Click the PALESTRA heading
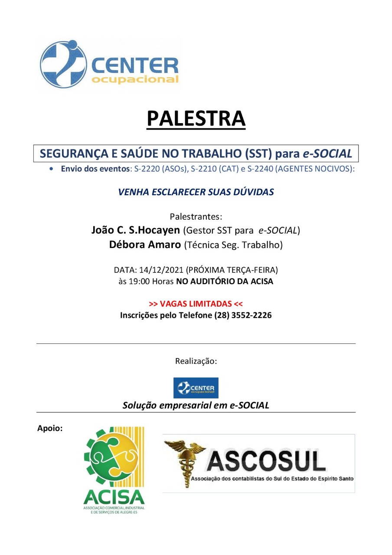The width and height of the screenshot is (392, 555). [196, 118]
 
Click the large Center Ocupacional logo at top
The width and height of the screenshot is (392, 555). [109, 64]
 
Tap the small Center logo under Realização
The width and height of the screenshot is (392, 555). [196, 388]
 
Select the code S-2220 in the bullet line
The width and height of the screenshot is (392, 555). [147, 169]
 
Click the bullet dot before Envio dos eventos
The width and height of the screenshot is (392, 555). [52, 169]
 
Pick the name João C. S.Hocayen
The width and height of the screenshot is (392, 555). [136, 230]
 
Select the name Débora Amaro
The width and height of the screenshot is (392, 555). [145, 245]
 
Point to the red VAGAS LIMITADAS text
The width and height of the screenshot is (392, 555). [196, 304]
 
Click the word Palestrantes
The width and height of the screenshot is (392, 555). [196, 216]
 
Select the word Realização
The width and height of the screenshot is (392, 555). [196, 361]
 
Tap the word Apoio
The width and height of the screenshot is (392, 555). [50, 428]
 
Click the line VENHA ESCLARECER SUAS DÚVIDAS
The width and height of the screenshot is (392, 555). [196, 192]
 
